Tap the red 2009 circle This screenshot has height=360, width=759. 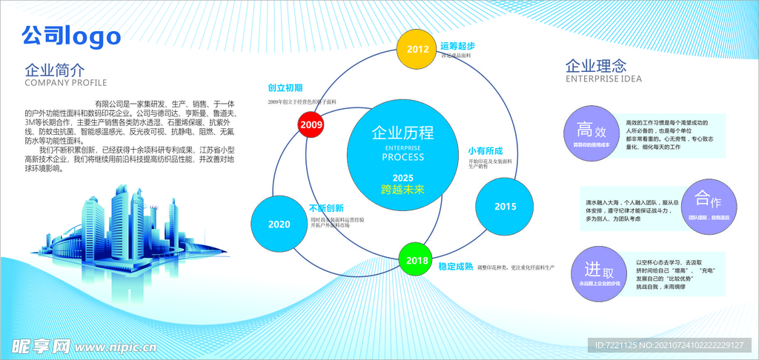(311, 124)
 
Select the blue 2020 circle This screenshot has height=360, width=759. (279, 224)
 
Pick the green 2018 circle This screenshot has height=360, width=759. (417, 260)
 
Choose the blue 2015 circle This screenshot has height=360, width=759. (505, 207)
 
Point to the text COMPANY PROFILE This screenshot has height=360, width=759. (66, 83)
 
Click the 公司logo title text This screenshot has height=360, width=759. (71, 35)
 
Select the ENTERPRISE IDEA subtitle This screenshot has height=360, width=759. (603, 79)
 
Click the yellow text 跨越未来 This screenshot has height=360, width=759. (402, 190)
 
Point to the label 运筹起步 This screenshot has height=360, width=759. (457, 46)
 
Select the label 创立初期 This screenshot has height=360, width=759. (285, 87)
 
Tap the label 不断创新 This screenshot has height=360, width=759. (327, 208)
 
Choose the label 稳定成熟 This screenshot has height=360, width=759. (455, 266)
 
